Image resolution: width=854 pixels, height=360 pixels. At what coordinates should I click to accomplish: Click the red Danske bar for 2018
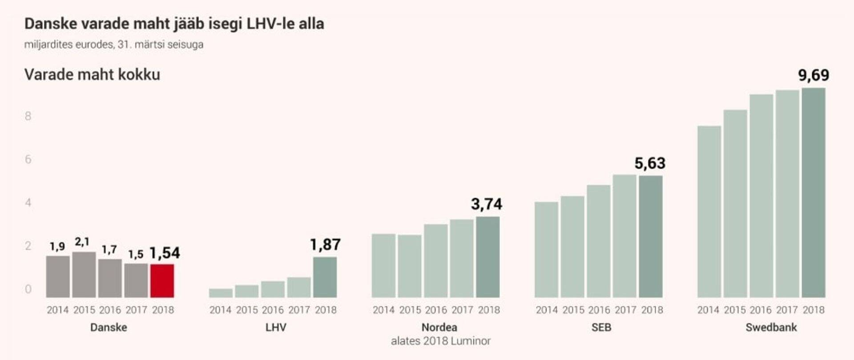[x=162, y=281]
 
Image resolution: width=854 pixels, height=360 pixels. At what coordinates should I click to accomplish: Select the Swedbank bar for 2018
[x=813, y=193]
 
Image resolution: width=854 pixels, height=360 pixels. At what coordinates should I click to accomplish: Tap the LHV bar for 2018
[x=325, y=277]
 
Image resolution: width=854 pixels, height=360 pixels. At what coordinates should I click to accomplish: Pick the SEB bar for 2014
[x=546, y=250]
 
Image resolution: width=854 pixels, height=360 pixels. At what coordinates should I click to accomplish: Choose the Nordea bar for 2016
[x=435, y=261]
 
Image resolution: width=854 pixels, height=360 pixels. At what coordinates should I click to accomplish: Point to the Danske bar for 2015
[x=84, y=275]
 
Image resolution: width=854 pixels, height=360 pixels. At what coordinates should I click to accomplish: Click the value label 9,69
[x=813, y=75]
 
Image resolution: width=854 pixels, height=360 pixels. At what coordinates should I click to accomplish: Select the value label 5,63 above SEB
[x=650, y=163]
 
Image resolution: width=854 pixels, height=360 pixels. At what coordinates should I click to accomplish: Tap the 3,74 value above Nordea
[x=487, y=204]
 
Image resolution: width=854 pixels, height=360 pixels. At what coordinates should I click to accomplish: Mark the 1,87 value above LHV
[x=325, y=245]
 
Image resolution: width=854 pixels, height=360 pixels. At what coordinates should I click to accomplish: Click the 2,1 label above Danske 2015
[x=82, y=242]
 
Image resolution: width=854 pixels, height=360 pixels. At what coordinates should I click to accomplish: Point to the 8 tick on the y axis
[x=28, y=116]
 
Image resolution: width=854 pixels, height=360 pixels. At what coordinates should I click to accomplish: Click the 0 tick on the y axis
[x=28, y=289]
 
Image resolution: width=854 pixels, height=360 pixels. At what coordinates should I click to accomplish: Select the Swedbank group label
[x=771, y=328]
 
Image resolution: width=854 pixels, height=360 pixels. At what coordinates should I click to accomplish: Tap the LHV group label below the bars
[x=276, y=328]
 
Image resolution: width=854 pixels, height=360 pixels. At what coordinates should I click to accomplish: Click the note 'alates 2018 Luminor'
[x=440, y=341]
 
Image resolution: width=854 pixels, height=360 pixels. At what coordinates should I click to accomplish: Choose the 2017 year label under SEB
[x=625, y=310]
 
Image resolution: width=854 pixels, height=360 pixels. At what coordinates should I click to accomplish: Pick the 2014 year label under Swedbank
[x=708, y=310]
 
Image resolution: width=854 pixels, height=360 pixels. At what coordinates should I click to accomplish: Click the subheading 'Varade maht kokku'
[x=92, y=75]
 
